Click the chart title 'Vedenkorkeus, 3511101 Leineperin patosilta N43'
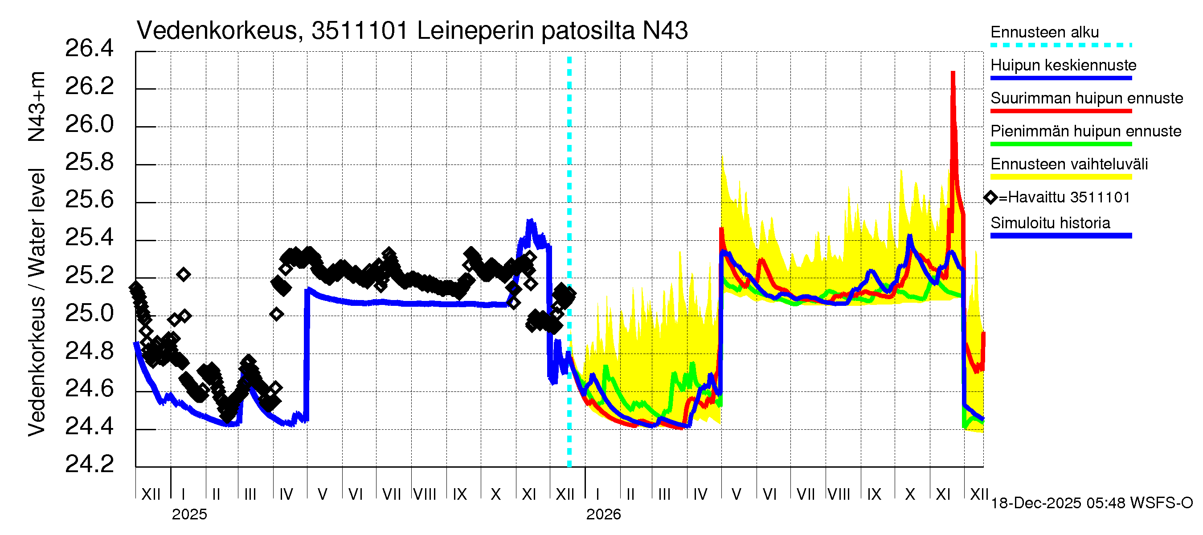coord(412,31)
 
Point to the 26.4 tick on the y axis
coord(89,49)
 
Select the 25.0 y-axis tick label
coord(89,313)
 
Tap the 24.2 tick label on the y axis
coord(89,464)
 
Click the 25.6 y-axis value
coord(89,200)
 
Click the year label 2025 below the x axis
coord(189,514)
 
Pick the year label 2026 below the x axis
coord(603,514)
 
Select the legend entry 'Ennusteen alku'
coord(1044,33)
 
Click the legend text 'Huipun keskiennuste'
coord(1063,66)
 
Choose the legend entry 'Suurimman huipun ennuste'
coord(1086,99)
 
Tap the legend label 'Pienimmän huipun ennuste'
coord(1085,131)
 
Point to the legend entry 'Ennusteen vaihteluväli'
coord(1068,165)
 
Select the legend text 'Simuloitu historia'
coord(1050,223)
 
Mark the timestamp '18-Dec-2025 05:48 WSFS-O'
coord(1091,503)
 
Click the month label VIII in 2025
coord(425,494)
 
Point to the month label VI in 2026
coord(769,494)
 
